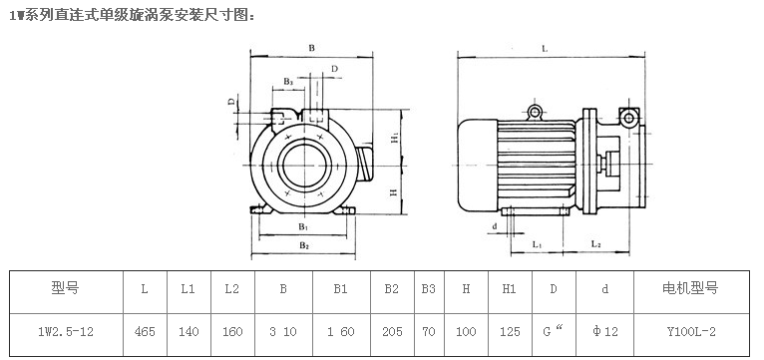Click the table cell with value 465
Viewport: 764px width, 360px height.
point(145,332)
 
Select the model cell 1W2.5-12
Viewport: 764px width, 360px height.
point(66,332)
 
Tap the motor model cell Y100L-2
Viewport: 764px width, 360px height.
point(691,332)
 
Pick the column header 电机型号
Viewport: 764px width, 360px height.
point(690,288)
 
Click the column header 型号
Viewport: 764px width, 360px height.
point(65,288)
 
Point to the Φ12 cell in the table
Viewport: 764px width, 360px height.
point(604,332)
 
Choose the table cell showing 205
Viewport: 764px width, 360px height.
point(392,332)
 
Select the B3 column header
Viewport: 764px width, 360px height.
point(428,289)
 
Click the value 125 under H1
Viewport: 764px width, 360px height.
point(510,332)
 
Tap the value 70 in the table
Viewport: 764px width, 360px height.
point(429,332)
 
